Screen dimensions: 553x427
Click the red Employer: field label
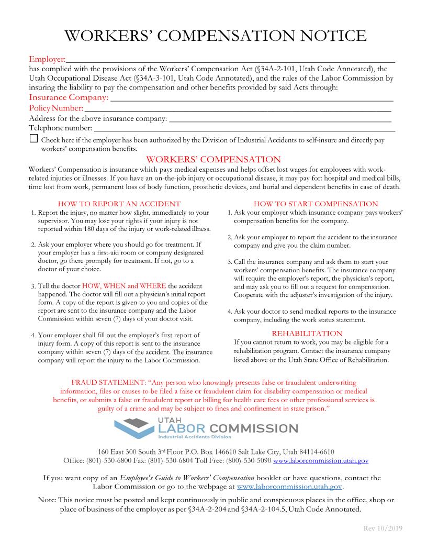pyautogui.click(x=47, y=59)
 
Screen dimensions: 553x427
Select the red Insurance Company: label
pyautogui.click(x=69, y=97)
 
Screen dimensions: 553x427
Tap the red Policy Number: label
pyautogui.click(x=56, y=108)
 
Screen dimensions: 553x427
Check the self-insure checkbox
pyautogui.click(x=34, y=139)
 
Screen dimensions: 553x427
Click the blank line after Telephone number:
pyautogui.click(x=244, y=128)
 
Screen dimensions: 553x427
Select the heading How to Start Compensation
pyautogui.click(x=316, y=204)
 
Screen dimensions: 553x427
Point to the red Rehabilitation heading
pyautogui.click(x=307, y=333)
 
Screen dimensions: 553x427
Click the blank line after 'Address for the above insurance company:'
pyautogui.click(x=280, y=118)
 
